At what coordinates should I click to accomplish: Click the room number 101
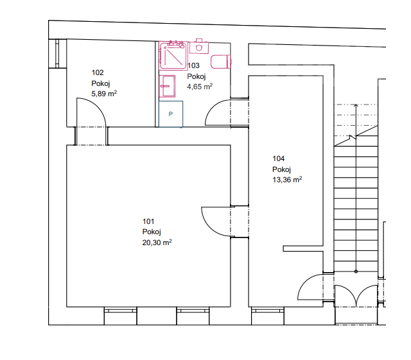[x=148, y=221]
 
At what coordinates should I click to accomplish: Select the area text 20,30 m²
[x=157, y=243]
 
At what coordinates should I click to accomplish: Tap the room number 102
[x=98, y=73]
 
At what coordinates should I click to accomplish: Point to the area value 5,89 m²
[x=104, y=93]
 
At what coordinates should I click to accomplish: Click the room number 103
[x=194, y=65]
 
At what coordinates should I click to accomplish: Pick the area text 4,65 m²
[x=200, y=86]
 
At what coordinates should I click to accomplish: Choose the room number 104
[x=278, y=159]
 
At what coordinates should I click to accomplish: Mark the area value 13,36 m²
[x=287, y=180]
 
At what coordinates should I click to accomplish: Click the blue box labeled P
[x=171, y=114]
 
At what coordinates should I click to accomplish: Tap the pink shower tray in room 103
[x=173, y=56]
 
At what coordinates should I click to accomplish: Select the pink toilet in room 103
[x=221, y=62]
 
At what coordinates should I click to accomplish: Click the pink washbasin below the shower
[x=167, y=86]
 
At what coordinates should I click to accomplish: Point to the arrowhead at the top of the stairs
[x=356, y=105]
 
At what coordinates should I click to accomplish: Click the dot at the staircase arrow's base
[x=356, y=271]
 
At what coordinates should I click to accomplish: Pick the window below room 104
[x=268, y=316]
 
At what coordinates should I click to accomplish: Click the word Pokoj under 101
[x=152, y=232]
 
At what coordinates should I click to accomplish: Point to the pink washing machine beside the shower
[x=199, y=46]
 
